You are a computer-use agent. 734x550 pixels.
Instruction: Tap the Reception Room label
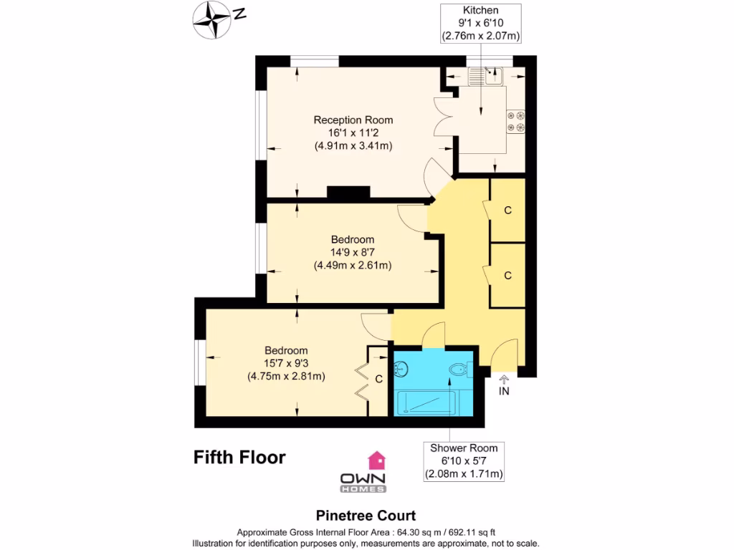(353, 120)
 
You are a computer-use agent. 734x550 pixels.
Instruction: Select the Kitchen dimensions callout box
(480, 23)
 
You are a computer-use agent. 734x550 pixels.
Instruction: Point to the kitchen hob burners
(515, 121)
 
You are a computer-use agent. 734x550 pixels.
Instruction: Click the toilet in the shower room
(459, 370)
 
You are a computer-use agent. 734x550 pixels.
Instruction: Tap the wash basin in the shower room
(401, 370)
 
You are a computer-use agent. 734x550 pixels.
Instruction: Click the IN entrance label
(504, 391)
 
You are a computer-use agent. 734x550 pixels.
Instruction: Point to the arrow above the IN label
(504, 379)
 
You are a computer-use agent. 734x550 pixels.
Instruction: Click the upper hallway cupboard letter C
(508, 211)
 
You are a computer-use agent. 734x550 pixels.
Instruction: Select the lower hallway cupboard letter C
(508, 275)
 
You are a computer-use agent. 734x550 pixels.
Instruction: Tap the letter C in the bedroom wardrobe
(378, 378)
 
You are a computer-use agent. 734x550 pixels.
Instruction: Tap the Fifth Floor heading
(239, 457)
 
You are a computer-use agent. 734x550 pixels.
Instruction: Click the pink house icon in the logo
(376, 460)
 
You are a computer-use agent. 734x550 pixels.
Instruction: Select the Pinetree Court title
(366, 516)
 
